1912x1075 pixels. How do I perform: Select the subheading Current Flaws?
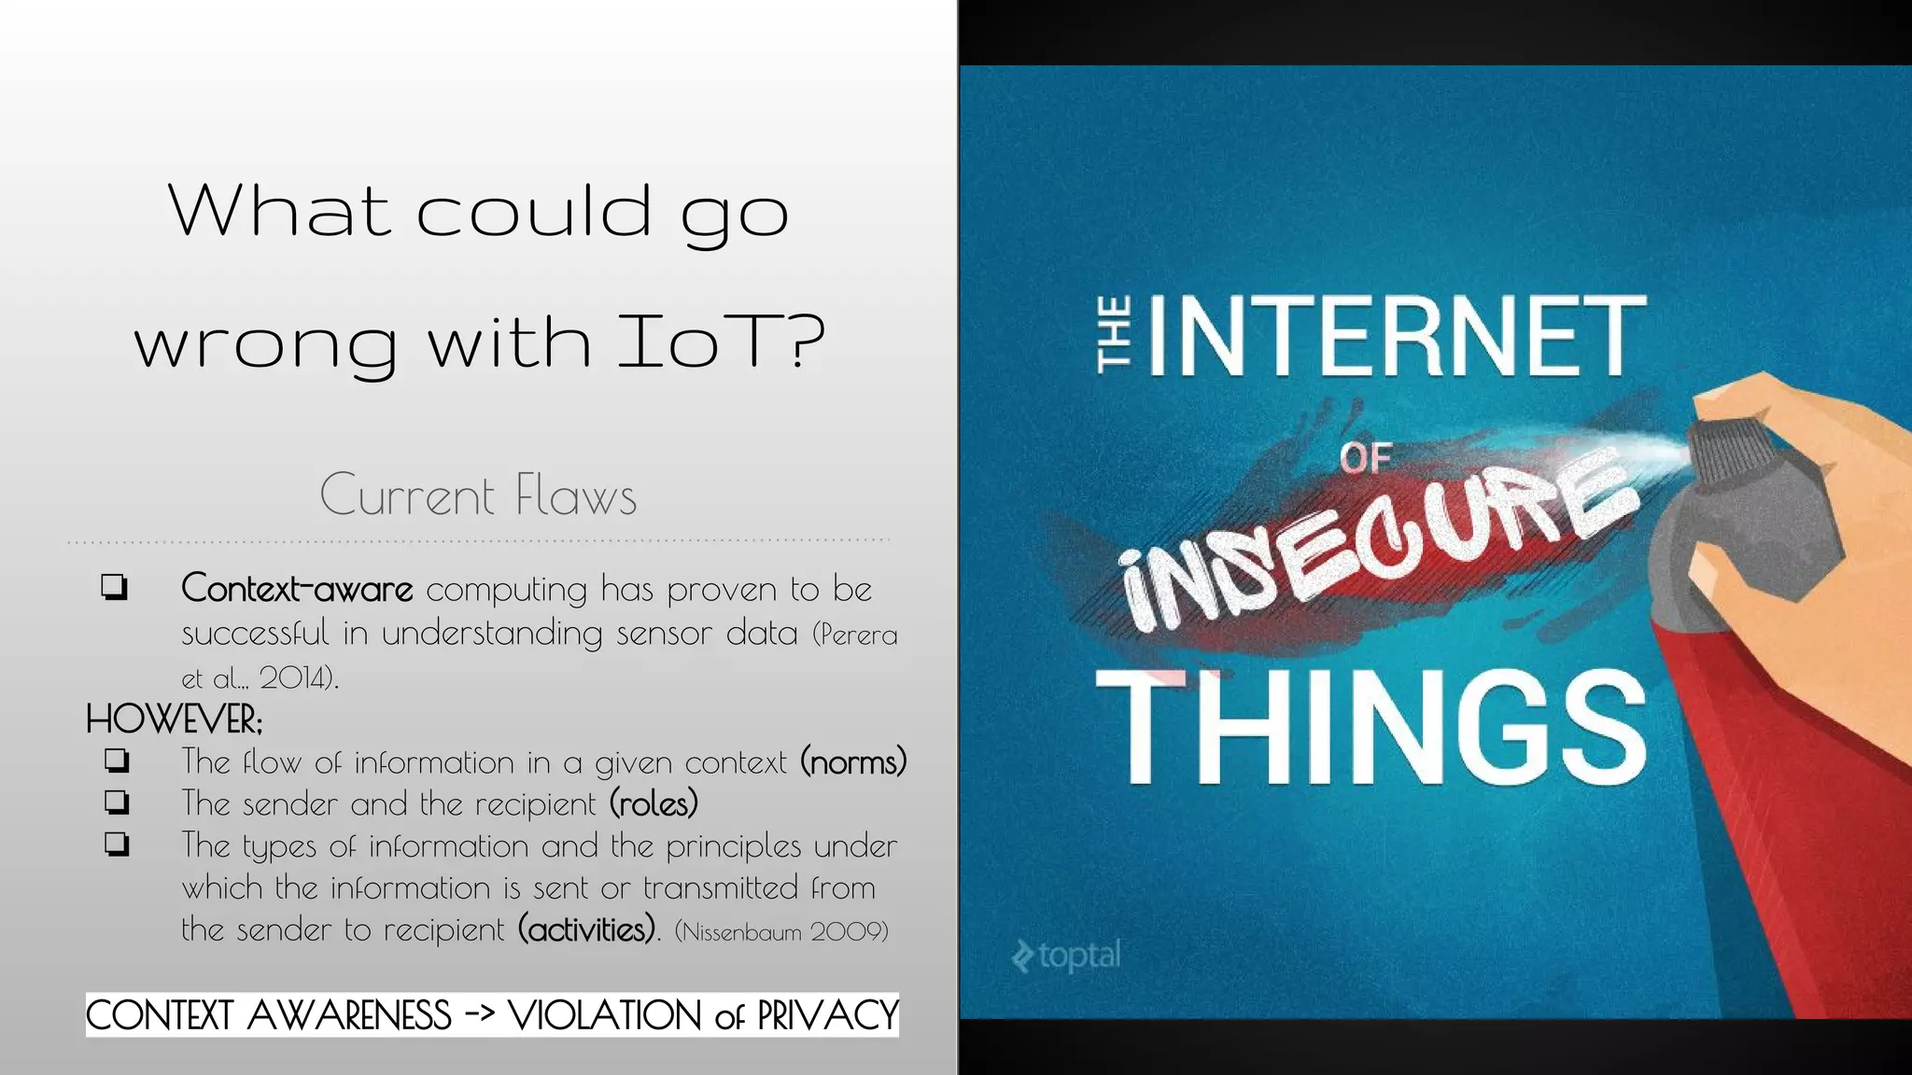[478, 495]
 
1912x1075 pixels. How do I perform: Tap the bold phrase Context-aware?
[297, 589]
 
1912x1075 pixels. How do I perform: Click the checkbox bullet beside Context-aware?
[115, 588]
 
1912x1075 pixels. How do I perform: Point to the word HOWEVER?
[175, 719]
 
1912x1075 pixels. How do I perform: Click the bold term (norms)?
[853, 762]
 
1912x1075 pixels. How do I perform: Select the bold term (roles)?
[654, 803]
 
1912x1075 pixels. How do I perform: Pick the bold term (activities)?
[588, 929]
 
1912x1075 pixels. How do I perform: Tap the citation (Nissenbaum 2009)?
[780, 931]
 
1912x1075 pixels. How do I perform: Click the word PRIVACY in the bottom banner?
[827, 1015]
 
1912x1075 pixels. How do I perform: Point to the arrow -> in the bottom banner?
[479, 1014]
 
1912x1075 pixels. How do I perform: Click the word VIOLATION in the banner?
[605, 1015]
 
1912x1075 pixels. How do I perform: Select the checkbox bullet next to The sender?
[117, 803]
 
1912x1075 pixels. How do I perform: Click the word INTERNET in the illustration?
[1397, 335]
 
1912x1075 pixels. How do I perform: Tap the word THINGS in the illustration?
[1371, 727]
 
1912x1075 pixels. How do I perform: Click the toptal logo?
[1066, 956]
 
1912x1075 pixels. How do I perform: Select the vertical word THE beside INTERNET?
[1115, 335]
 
